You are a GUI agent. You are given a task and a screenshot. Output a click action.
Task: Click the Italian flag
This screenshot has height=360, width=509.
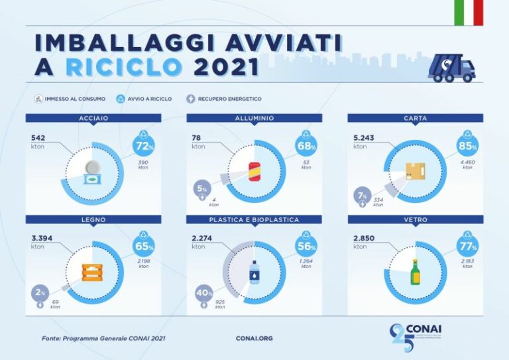click(x=469, y=13)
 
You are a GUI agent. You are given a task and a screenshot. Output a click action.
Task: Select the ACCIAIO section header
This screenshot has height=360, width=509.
click(x=93, y=118)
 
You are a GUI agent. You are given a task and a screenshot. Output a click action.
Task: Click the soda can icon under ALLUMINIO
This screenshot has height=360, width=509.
click(x=254, y=171)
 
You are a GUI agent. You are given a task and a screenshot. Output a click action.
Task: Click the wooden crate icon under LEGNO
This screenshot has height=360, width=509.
click(x=92, y=273)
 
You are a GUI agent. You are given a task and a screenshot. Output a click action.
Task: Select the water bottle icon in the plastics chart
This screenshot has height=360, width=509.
click(x=254, y=272)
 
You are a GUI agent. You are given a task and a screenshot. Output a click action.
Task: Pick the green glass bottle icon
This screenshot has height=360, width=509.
click(x=416, y=272)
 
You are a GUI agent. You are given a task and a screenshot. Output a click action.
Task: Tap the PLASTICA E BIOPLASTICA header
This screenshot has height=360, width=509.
click(x=254, y=219)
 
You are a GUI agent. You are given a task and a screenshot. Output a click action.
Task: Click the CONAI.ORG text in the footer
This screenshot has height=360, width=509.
click(x=254, y=338)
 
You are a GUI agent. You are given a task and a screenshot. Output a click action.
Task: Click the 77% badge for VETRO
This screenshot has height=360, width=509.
click(x=467, y=247)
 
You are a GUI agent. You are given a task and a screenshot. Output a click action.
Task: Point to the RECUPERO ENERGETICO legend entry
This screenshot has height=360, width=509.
click(x=211, y=99)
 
